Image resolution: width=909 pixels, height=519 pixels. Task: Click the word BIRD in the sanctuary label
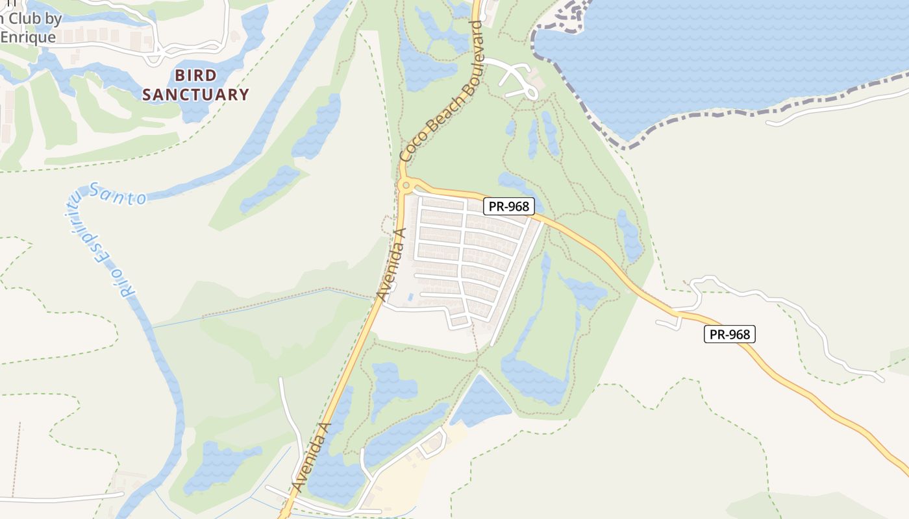195,75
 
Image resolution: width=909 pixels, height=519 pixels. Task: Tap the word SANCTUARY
195,95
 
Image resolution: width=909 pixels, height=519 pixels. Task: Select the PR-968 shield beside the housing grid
509,206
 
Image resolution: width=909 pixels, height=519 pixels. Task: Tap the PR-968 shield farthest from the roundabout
730,334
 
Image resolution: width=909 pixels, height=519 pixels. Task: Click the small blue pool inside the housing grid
409,298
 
